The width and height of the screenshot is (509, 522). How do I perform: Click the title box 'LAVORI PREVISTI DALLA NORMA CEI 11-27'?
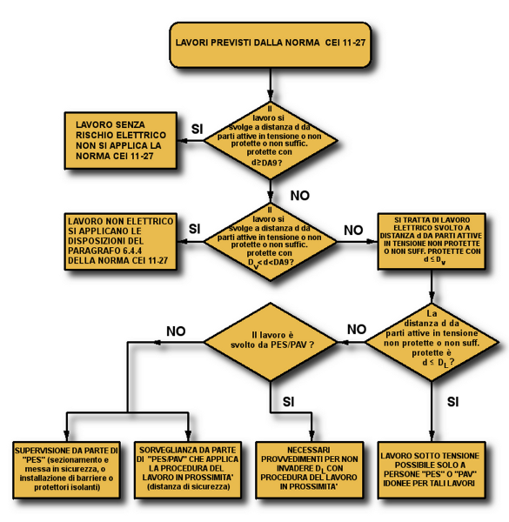[271, 45]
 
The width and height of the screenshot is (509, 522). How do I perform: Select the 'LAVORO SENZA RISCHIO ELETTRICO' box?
[121, 140]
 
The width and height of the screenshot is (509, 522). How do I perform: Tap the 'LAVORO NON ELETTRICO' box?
[121, 241]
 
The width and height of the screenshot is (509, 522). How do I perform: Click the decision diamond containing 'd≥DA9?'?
[271, 140]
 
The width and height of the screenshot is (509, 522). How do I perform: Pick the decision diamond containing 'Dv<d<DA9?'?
[271, 241]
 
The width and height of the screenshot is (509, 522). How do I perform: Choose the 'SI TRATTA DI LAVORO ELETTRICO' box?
[432, 241]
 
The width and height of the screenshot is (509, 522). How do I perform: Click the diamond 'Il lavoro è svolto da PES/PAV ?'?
[271, 342]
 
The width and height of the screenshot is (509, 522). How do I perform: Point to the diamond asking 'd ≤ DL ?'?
[432, 342]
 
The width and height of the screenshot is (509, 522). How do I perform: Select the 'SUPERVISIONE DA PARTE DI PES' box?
[66, 470]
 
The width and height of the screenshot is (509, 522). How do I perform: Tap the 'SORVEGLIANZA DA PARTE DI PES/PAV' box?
[188, 470]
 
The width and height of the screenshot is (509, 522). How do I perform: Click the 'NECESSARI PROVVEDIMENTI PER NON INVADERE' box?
[309, 470]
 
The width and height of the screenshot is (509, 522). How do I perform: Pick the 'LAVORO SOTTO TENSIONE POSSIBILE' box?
[432, 470]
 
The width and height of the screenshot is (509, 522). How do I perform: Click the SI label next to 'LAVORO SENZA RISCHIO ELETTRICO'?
[198, 129]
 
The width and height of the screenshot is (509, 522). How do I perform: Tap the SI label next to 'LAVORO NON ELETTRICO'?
[195, 229]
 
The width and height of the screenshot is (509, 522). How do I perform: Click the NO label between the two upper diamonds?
[300, 196]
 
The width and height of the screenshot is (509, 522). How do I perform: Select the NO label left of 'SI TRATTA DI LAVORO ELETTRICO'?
[353, 230]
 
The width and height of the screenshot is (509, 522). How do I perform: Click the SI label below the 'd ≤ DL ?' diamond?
[453, 402]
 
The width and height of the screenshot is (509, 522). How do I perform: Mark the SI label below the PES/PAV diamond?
[289, 402]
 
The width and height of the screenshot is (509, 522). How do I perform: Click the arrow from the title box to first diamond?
[271, 84]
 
